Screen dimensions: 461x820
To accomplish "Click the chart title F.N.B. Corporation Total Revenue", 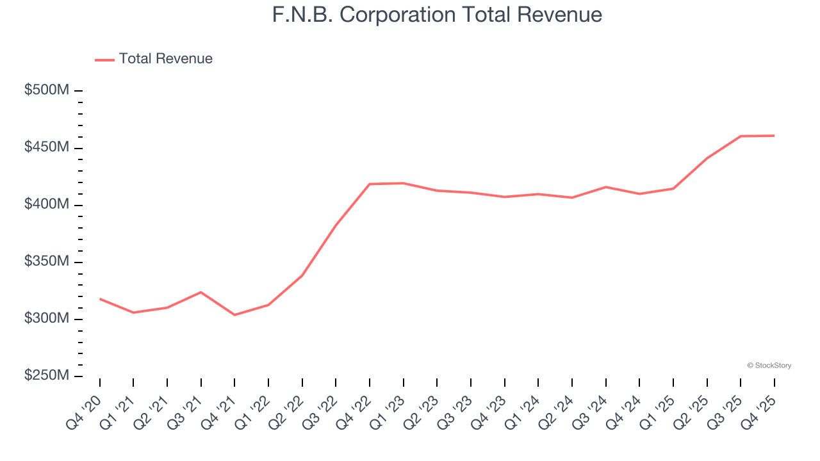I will point(437,15).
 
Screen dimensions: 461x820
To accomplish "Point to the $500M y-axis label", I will point(47,90).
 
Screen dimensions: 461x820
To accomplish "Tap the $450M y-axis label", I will point(47,147).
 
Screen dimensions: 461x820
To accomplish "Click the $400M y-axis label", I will point(47,204).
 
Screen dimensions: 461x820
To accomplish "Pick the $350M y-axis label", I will point(47,262).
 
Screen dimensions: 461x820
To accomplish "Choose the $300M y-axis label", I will point(47,319).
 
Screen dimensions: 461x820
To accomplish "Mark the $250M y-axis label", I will point(47,376).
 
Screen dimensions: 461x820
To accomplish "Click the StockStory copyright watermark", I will point(769,366).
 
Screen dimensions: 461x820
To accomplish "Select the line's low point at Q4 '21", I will point(234,315).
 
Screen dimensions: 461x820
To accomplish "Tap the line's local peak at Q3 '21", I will point(201,292).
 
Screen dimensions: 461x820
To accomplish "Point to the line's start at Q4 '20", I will point(100,299).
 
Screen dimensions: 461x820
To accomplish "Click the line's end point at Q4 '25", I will point(774,136).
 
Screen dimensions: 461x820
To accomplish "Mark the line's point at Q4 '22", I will point(370,184).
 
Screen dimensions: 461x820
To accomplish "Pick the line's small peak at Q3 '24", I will point(605,187).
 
